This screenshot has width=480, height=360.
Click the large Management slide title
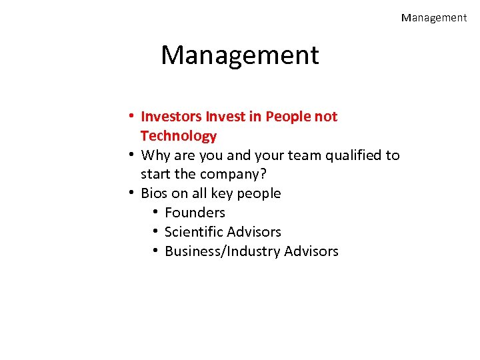click(x=240, y=55)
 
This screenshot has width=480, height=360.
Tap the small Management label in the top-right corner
click(x=434, y=18)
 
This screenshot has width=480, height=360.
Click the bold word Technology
click(x=179, y=136)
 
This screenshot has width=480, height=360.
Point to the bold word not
click(x=326, y=117)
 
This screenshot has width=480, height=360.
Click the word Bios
click(x=155, y=193)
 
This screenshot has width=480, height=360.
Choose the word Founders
click(x=195, y=213)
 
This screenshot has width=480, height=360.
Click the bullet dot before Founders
click(x=155, y=213)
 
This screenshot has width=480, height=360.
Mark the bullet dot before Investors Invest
click(x=133, y=117)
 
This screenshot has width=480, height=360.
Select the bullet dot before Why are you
click(x=133, y=155)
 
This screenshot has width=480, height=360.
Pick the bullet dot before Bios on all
click(x=133, y=193)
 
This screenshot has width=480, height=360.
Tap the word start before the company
click(x=155, y=175)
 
